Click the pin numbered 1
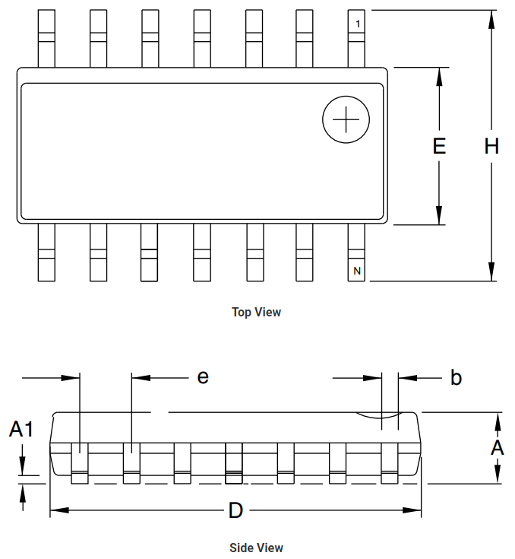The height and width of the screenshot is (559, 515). pyautogui.click(x=356, y=39)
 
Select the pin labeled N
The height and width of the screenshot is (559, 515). pyautogui.click(x=356, y=253)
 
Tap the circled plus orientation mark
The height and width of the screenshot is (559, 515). pyautogui.click(x=346, y=119)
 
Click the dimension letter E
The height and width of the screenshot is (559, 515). pyautogui.click(x=439, y=146)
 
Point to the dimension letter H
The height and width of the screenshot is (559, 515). pyautogui.click(x=491, y=146)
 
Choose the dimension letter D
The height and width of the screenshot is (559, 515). pyautogui.click(x=235, y=510)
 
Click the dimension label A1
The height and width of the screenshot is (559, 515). pyautogui.click(x=21, y=428)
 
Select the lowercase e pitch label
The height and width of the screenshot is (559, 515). pyautogui.click(x=203, y=377)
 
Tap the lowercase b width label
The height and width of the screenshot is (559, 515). pyautogui.click(x=456, y=377)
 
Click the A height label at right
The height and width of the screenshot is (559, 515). pyautogui.click(x=498, y=447)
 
